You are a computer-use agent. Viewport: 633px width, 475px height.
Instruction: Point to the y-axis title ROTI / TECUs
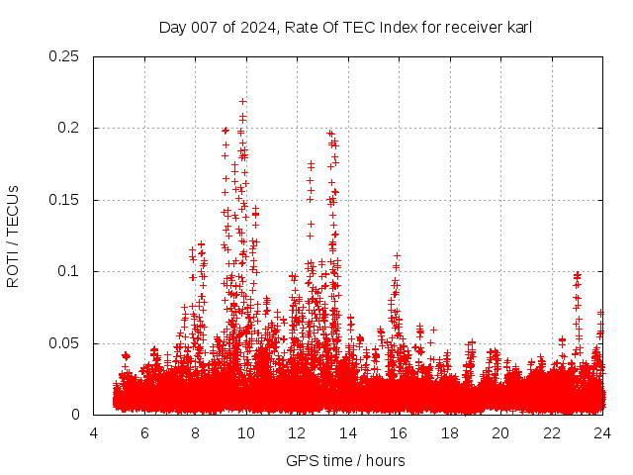coord(13,237)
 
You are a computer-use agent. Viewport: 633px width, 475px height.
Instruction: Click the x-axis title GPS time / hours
coord(345,460)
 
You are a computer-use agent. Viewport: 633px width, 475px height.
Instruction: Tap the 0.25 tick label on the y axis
coord(65,56)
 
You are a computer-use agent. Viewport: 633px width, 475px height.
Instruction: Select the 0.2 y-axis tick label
coord(69,128)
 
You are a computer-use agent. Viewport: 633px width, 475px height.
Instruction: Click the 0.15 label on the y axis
coord(65,200)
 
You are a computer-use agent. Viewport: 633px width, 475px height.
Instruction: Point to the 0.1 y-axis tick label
coord(69,271)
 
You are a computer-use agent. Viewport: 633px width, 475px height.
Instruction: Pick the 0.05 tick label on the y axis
coord(65,343)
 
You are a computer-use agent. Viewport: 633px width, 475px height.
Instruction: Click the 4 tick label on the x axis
coord(94,432)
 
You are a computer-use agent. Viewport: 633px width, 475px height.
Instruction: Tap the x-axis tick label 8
coord(195,432)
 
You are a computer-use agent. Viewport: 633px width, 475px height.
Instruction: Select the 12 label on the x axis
coord(297,432)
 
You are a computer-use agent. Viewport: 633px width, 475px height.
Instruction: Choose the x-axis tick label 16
coord(399,432)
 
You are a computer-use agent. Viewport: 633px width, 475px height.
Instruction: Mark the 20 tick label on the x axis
coord(499,432)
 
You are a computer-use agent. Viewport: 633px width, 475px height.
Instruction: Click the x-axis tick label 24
coord(601,432)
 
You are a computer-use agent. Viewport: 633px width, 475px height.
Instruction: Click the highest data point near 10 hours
coord(242,101)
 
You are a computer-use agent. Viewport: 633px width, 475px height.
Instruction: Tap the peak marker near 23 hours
coord(577,274)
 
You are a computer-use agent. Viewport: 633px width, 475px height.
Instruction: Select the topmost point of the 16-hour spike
coord(397,255)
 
